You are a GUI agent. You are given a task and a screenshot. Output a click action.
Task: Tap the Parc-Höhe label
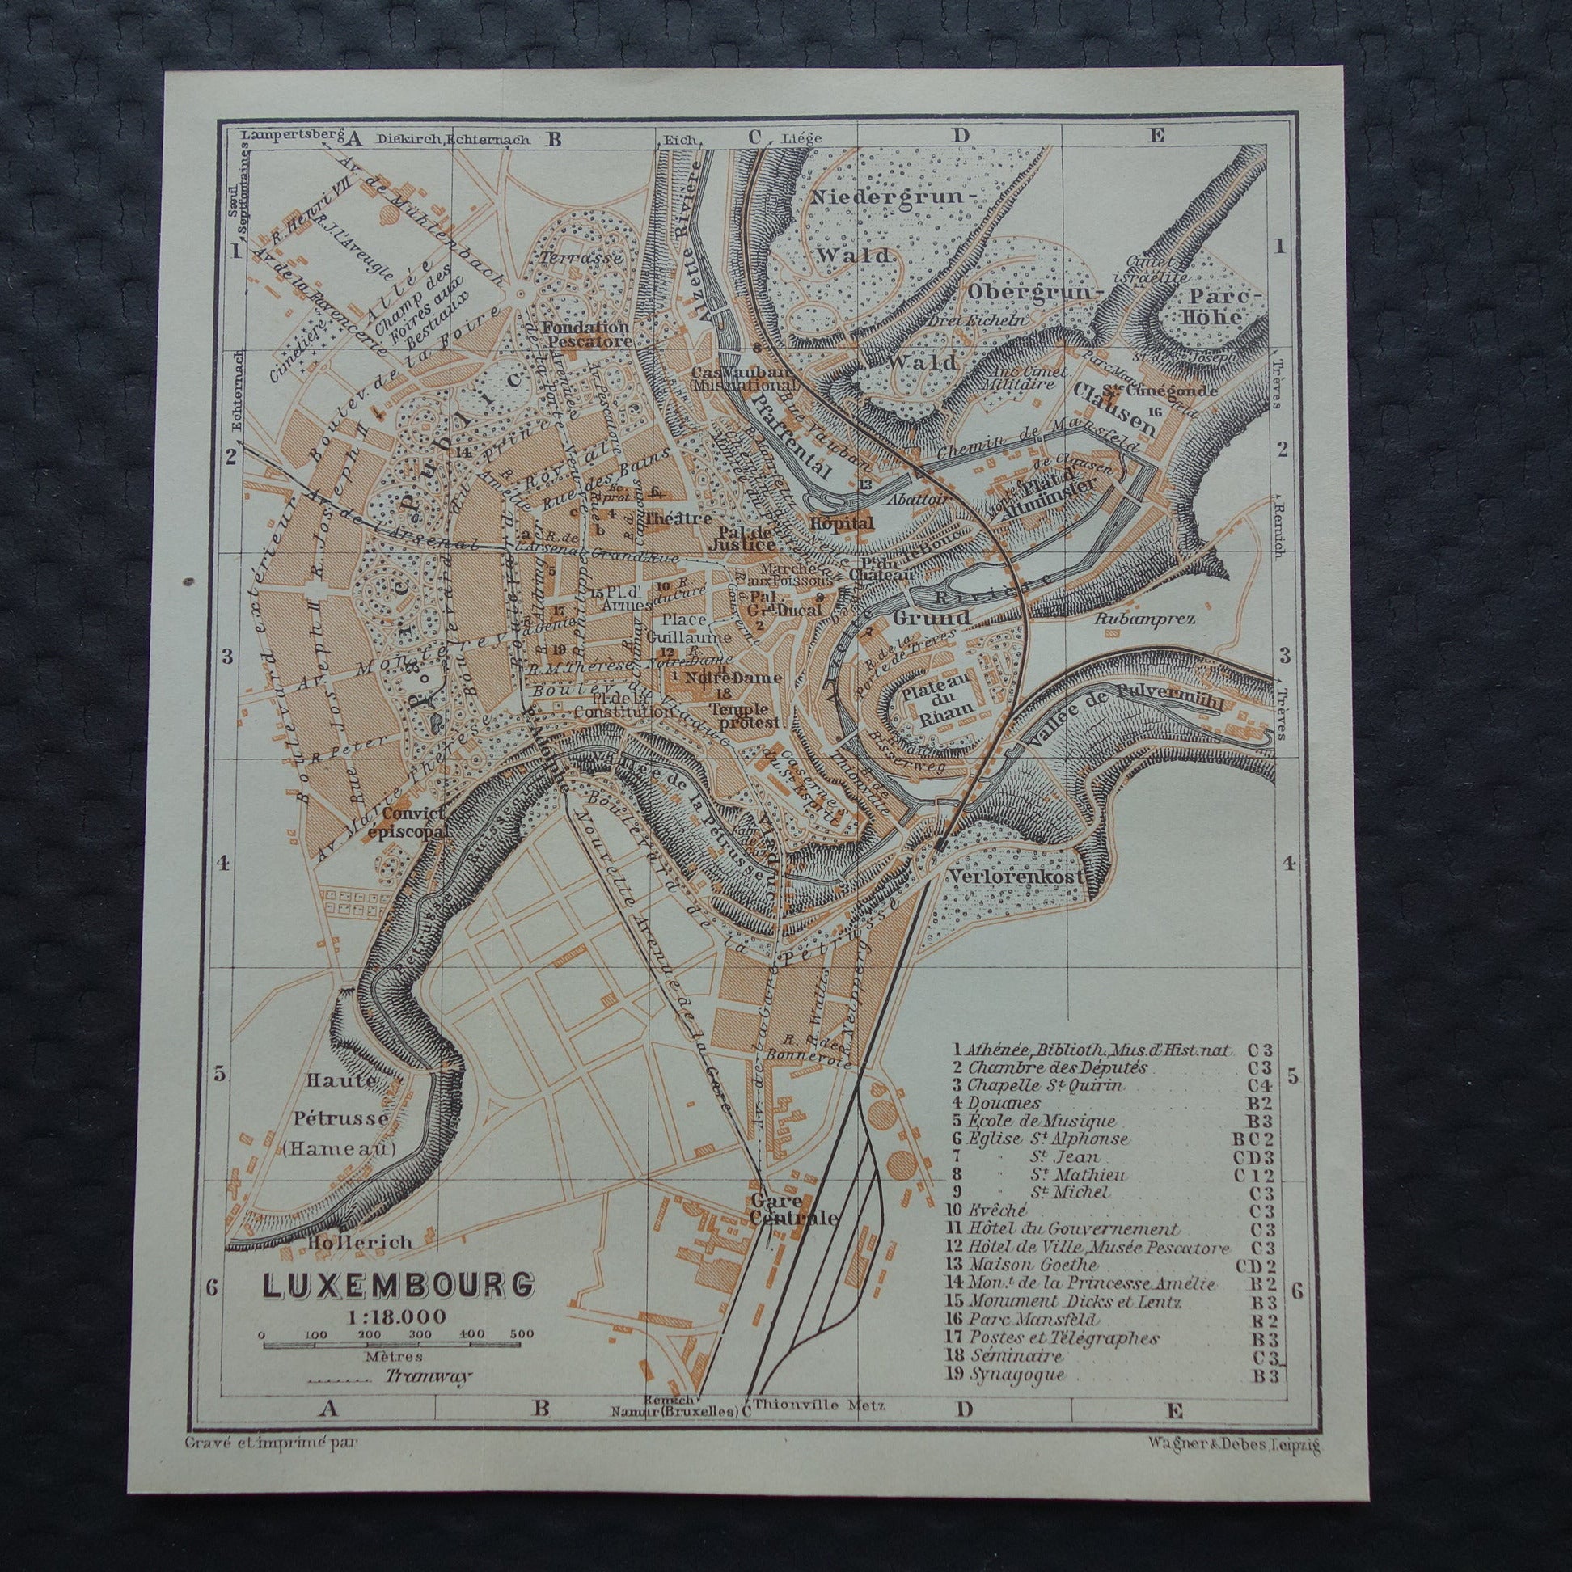(1211, 305)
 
